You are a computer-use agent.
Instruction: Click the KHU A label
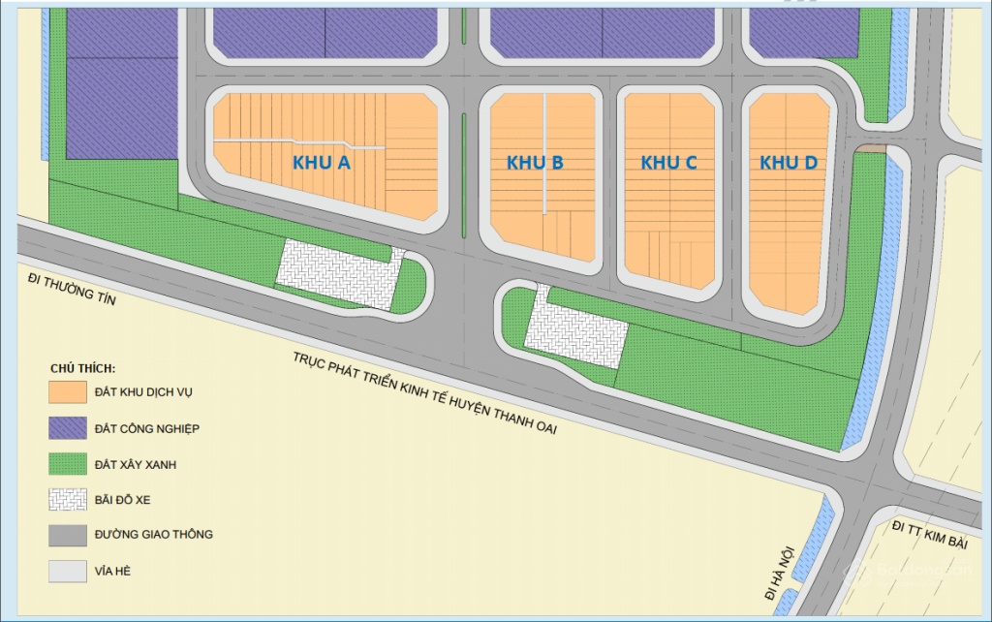tap(321, 163)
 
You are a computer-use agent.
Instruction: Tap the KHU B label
tap(535, 163)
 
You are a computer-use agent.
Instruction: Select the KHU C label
tap(668, 163)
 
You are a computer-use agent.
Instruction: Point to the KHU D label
tap(788, 163)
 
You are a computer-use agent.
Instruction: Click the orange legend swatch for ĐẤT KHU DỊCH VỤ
tap(67, 392)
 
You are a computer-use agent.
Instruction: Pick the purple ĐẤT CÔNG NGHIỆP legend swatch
tap(67, 428)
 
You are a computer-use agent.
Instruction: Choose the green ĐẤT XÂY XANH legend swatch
tap(67, 464)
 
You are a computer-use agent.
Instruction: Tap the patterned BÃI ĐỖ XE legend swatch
tap(67, 499)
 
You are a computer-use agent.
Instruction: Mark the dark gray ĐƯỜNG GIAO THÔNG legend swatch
tap(67, 535)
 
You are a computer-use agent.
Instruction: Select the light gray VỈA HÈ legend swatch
tap(67, 571)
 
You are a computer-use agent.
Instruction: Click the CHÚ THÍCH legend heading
tap(83, 369)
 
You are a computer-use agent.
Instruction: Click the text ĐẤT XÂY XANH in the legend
tap(136, 464)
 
